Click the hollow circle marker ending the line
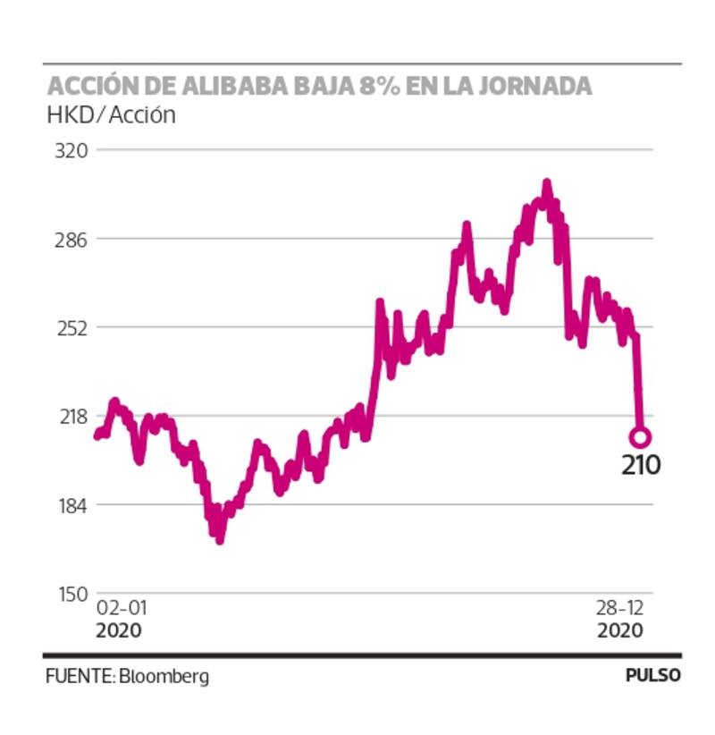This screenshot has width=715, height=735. tap(640, 437)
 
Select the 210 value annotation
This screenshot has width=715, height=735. tap(641, 465)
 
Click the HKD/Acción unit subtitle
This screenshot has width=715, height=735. tap(111, 114)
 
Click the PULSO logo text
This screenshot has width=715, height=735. tap(652, 676)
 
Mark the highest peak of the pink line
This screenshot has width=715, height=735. tap(546, 183)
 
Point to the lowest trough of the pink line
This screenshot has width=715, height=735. tap(220, 538)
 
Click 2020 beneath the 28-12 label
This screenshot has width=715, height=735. tap(619, 630)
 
